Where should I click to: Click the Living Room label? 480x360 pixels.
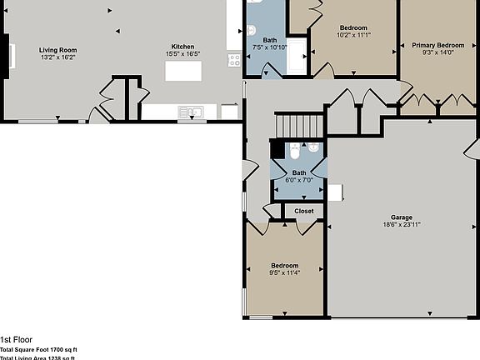tap(57, 51)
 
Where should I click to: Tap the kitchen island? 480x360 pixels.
tap(184, 71)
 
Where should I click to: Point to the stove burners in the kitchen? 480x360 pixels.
tap(234, 60)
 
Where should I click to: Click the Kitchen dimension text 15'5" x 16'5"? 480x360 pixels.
tap(183, 53)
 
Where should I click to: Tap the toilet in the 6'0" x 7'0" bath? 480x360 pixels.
tap(294, 151)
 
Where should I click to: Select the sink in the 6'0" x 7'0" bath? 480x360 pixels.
tap(312, 149)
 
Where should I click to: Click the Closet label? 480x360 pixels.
tap(304, 211)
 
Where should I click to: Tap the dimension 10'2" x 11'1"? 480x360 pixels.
tap(352, 35)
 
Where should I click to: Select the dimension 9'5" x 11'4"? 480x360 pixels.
tap(283, 272)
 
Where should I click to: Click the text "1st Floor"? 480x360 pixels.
tap(17, 340)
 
